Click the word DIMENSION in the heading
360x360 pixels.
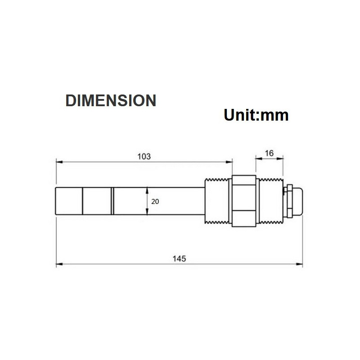(x=111, y=100)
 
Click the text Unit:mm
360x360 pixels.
(x=256, y=115)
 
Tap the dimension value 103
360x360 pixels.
(x=144, y=157)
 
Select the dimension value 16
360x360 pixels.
(x=269, y=153)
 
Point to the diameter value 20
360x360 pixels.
(x=155, y=202)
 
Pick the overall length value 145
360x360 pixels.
(x=179, y=259)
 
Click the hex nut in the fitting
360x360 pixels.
(x=244, y=201)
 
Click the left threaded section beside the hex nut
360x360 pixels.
(x=216, y=201)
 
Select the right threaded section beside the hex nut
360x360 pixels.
(x=270, y=201)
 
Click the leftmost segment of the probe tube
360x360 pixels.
(x=69, y=201)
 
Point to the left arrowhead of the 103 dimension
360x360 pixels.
(x=58, y=162)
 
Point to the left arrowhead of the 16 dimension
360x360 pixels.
(x=258, y=158)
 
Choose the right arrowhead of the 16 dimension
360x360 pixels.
(x=282, y=158)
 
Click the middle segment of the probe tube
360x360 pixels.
(x=97, y=201)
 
